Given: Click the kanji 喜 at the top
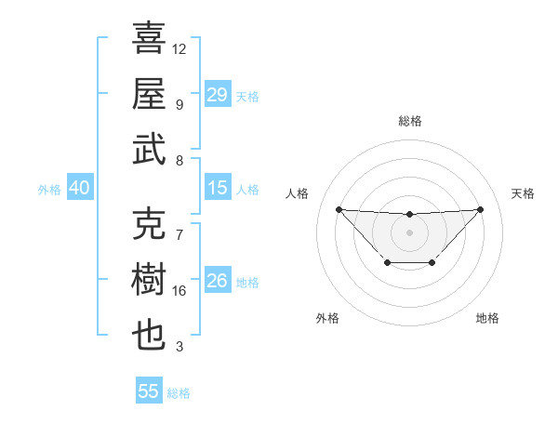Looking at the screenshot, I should pyautogui.click(x=149, y=38).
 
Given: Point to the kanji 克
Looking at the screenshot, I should pyautogui.click(x=149, y=223).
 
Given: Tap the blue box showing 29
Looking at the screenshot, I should pyautogui.click(x=218, y=95).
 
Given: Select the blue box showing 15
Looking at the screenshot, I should pyautogui.click(x=218, y=188).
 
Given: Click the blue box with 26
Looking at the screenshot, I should pyautogui.click(x=218, y=281).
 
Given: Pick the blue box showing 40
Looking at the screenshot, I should pyautogui.click(x=79, y=188).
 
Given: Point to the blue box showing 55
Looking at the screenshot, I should pyautogui.click(x=149, y=391).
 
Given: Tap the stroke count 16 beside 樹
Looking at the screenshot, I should pyautogui.click(x=179, y=291).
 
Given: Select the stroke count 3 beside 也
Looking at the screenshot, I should pyautogui.click(x=179, y=347).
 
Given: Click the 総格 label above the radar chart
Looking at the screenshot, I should pyautogui.click(x=409, y=121).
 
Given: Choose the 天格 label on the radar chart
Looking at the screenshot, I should pyautogui.click(x=523, y=193).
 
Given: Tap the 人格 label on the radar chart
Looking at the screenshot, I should pyautogui.click(x=299, y=193).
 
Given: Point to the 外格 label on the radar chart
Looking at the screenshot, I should pyautogui.click(x=327, y=318).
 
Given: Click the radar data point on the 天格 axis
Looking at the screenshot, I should pyautogui.click(x=481, y=209).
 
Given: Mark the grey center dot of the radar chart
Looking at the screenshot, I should pyautogui.click(x=409, y=232).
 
